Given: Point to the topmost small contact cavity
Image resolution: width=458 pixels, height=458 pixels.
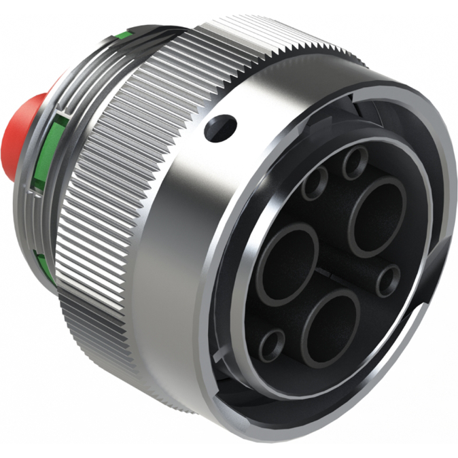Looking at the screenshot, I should click(354, 163).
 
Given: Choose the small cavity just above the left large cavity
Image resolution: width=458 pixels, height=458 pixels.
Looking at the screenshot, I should click(315, 184).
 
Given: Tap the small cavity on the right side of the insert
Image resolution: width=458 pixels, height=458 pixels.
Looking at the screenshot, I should click(389, 281).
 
